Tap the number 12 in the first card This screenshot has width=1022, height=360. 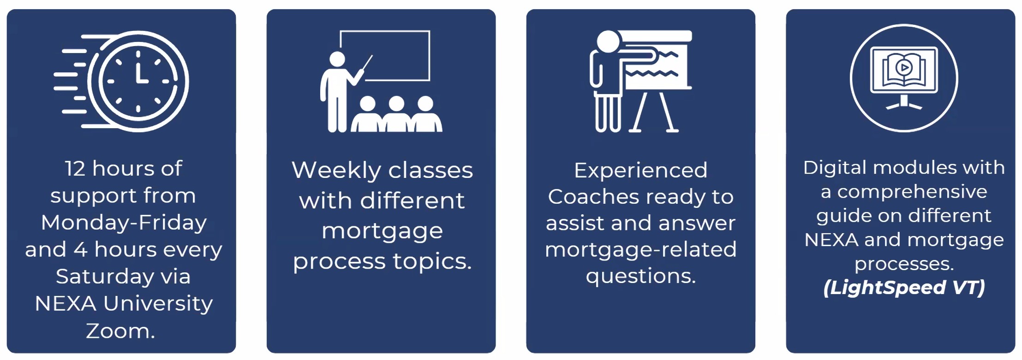tap(75, 169)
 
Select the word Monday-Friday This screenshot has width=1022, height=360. tap(124, 223)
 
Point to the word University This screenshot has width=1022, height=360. tap(158, 304)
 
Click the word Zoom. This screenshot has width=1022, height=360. tap(120, 331)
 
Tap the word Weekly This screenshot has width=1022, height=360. tap(338, 171)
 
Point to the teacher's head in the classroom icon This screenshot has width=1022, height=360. tap(337, 59)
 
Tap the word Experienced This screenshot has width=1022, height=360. tap(640, 171)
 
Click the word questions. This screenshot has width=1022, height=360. tap(640, 277)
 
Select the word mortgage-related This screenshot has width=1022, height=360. tap(640, 250)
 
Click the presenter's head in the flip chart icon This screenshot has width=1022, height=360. tap(608, 41)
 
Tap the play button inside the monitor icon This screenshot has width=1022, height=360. tap(904, 68)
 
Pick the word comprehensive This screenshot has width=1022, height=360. tap(912, 192)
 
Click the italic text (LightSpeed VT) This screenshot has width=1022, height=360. tap(904, 288)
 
